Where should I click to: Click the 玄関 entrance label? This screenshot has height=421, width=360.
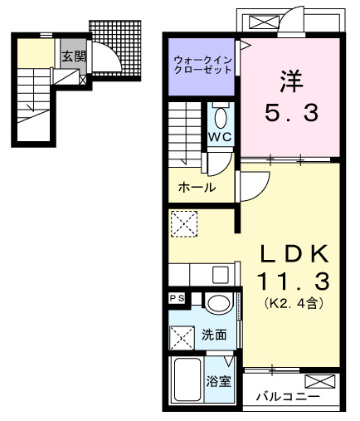tap(73, 56)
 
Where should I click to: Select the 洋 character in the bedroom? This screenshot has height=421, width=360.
tap(291, 83)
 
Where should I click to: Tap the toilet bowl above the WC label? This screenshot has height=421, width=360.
tap(221, 115)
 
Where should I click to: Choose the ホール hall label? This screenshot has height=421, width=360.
tap(197, 188)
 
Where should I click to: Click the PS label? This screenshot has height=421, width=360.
tap(177, 297)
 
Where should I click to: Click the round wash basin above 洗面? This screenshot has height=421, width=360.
tap(218, 303)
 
